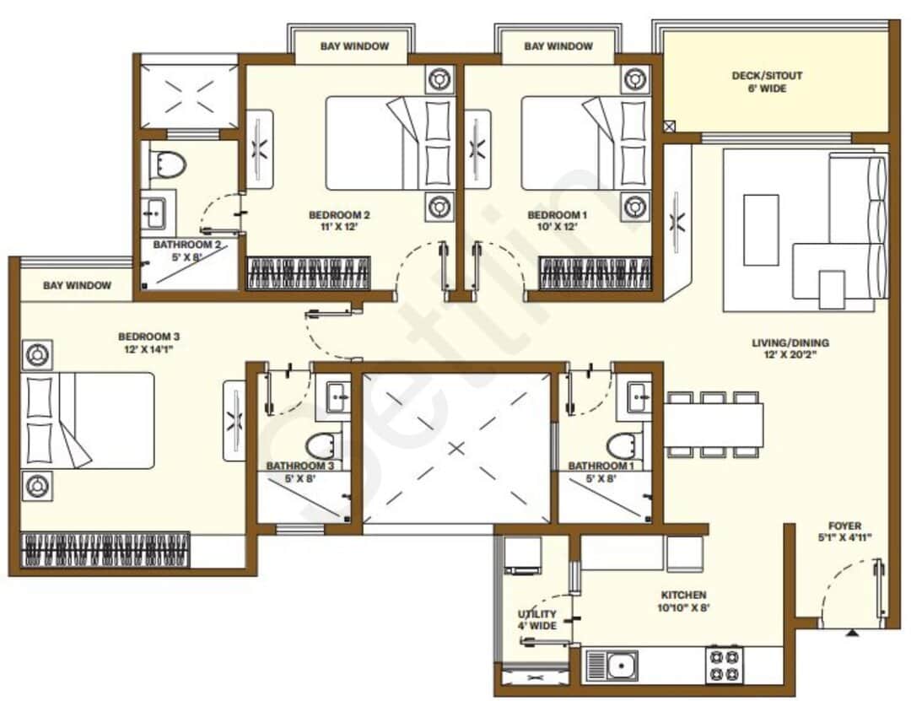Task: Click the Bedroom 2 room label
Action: pos(339,214)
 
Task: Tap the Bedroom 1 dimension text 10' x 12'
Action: pos(557,228)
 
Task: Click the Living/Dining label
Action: pos(790,343)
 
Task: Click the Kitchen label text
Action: pos(684,595)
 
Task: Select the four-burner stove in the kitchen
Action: pos(725,664)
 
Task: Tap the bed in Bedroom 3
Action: pos(89,420)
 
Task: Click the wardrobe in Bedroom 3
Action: pos(105,549)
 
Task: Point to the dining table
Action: pos(714,424)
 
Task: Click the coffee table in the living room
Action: pos(762,229)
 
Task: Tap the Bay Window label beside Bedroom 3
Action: pos(77,285)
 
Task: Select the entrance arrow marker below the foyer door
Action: pos(854,631)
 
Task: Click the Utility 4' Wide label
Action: pos(536,619)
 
